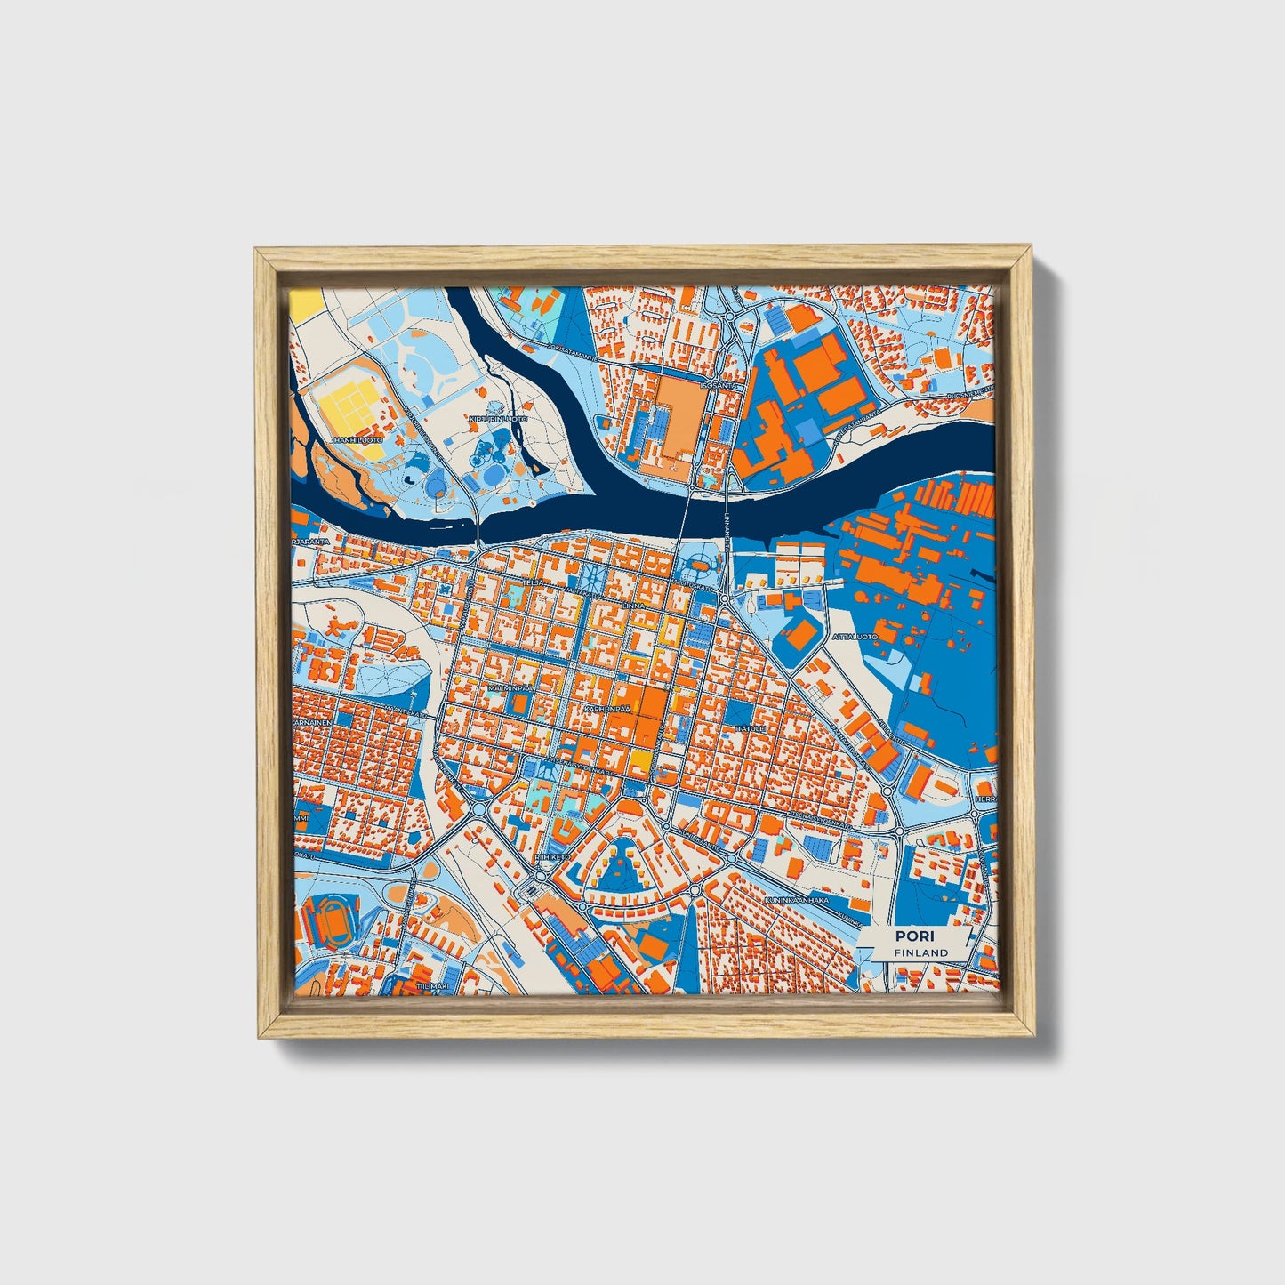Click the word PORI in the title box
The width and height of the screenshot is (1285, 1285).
(910, 936)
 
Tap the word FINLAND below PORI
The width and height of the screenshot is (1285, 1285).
(921, 952)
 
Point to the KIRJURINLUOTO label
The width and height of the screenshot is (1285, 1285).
(498, 418)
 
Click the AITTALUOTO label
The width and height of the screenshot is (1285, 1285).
(855, 638)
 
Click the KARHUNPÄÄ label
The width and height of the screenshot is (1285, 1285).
(607, 710)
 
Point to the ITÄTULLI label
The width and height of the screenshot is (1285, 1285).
(751, 729)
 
